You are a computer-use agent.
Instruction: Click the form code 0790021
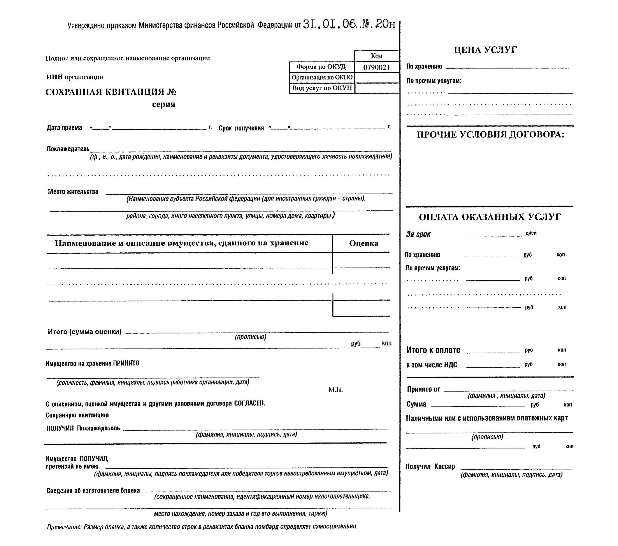click(376, 67)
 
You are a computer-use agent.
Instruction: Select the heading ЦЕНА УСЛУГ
click(485, 50)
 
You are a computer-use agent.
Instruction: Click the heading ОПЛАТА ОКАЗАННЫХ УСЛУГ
click(490, 217)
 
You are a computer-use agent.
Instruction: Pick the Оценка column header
click(363, 243)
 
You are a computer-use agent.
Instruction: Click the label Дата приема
click(64, 128)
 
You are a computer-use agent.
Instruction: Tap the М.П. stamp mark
click(335, 390)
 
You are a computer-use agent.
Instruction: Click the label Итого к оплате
click(433, 350)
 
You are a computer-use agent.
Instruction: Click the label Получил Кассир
click(430, 467)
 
